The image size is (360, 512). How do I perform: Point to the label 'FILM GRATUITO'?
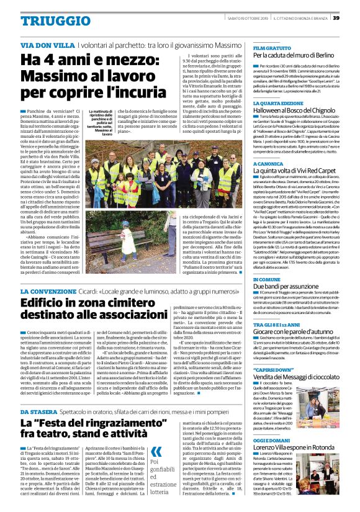click(272, 48)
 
